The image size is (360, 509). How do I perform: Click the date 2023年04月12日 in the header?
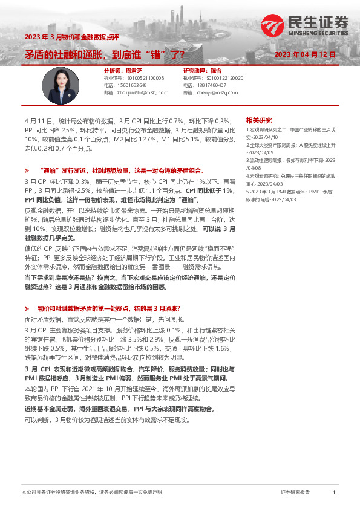(305, 54)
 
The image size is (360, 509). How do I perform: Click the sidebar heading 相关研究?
(259, 120)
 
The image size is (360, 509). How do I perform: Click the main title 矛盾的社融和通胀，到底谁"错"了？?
(105, 54)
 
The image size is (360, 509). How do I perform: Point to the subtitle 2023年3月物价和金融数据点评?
(66, 37)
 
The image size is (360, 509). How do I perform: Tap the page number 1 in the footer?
(334, 493)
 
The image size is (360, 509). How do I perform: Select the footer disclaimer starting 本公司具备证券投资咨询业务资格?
(91, 493)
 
